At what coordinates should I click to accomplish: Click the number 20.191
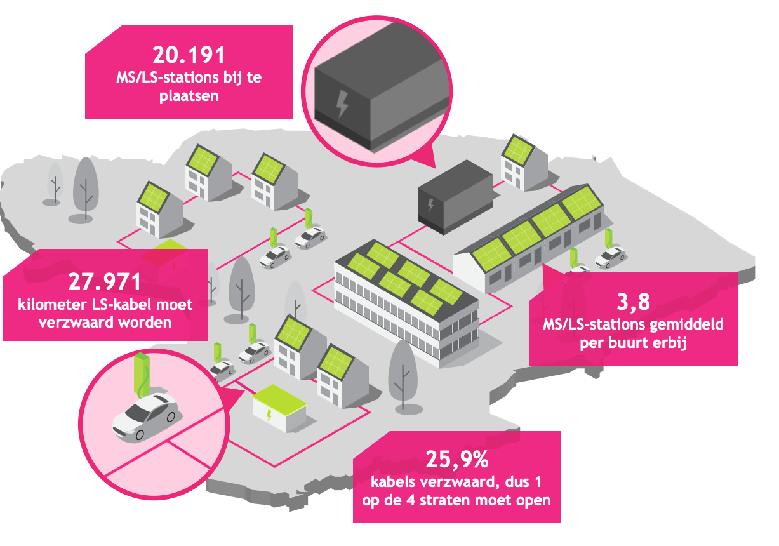[x=189, y=55]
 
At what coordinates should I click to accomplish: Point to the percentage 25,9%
[x=456, y=458]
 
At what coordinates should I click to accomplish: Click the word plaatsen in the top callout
[x=189, y=97]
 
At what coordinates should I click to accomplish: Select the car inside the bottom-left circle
[x=145, y=416]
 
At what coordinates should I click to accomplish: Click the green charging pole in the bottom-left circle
[x=143, y=375]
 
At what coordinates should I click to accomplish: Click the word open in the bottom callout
[x=533, y=499]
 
